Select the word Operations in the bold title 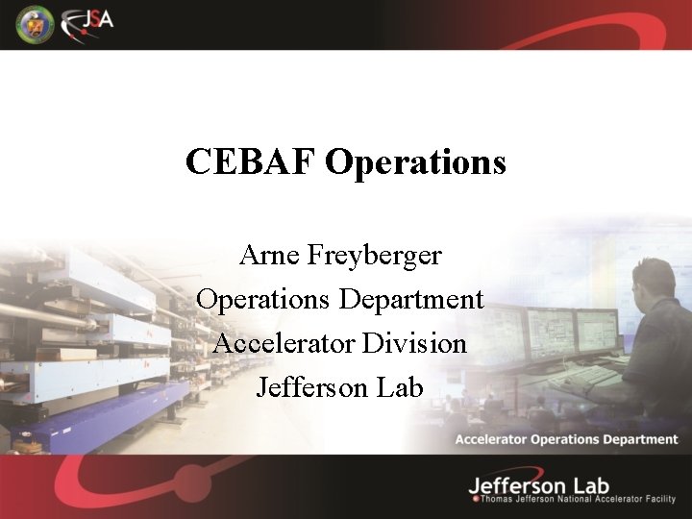pyautogui.click(x=415, y=161)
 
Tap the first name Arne pyautogui.click(x=270, y=256)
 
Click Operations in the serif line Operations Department pyautogui.click(x=262, y=299)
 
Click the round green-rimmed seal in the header pyautogui.click(x=35, y=24)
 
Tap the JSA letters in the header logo pyautogui.click(x=96, y=19)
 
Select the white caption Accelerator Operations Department pyautogui.click(x=566, y=439)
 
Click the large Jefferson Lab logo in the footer pyautogui.click(x=539, y=485)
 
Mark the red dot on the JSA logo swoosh pyautogui.click(x=84, y=32)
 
